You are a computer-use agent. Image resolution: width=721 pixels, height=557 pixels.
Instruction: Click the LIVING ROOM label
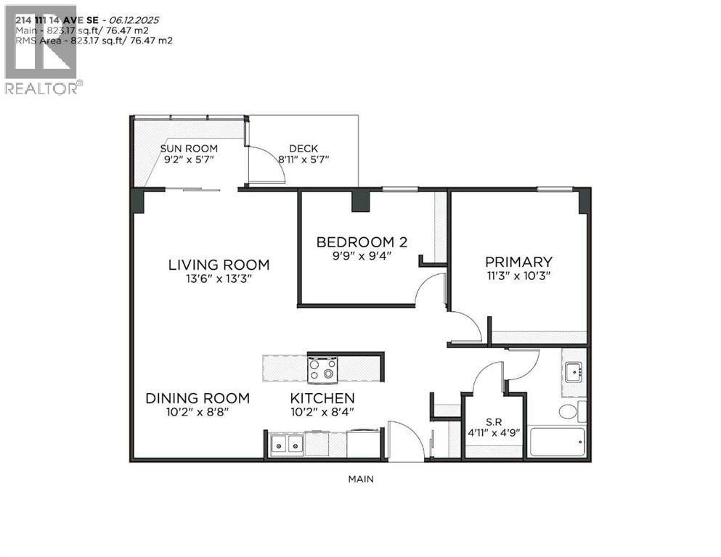[x=219, y=265]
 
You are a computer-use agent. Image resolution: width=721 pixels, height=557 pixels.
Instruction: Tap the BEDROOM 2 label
[x=354, y=242]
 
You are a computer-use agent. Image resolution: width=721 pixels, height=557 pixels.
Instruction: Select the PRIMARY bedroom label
[x=518, y=262]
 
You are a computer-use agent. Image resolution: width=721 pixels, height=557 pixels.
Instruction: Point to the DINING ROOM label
[x=197, y=398]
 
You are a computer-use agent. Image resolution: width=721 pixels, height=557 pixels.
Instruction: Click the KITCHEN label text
[x=322, y=398]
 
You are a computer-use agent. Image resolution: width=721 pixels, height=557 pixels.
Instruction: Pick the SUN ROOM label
[x=189, y=149]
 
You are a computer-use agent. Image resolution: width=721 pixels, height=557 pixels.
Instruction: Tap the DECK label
[x=303, y=149]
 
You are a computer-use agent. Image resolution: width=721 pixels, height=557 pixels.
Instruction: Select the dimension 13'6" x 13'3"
[x=219, y=278]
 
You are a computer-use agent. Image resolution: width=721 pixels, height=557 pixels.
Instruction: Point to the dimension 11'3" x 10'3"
[x=518, y=276]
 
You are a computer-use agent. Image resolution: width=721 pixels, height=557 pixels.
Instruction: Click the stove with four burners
[x=322, y=370]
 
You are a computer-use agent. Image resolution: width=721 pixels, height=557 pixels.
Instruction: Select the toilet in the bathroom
[x=569, y=413]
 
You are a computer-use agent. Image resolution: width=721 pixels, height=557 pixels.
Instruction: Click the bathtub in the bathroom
[x=557, y=442]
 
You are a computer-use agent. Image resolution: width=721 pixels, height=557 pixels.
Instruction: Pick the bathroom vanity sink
[x=574, y=373]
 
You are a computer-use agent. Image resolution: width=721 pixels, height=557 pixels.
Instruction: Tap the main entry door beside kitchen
[x=405, y=441]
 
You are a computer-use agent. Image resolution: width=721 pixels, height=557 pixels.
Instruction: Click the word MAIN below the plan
[x=361, y=479]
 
